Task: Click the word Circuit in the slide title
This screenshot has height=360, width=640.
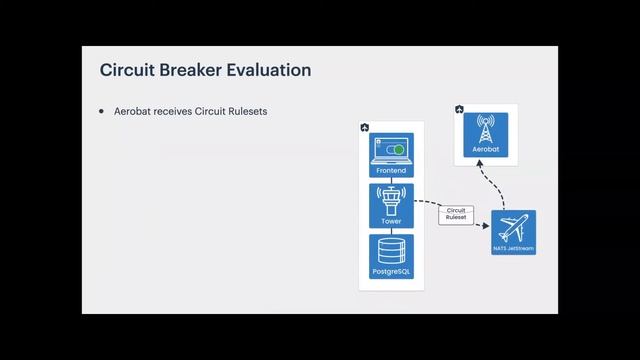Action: click(127, 71)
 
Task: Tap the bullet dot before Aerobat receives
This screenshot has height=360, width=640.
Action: click(101, 110)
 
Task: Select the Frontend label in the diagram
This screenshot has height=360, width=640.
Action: click(391, 171)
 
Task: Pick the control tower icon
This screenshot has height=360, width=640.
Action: click(391, 200)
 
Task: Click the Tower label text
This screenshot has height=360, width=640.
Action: click(391, 222)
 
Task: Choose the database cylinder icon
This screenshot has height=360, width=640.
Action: click(391, 250)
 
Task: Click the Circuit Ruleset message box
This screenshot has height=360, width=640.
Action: click(456, 214)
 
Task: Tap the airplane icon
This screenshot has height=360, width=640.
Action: click(515, 227)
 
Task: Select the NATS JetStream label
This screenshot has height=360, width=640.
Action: click(515, 247)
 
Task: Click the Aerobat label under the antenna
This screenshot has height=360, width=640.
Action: click(486, 150)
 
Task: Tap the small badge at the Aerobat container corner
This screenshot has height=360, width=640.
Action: click(459, 109)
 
